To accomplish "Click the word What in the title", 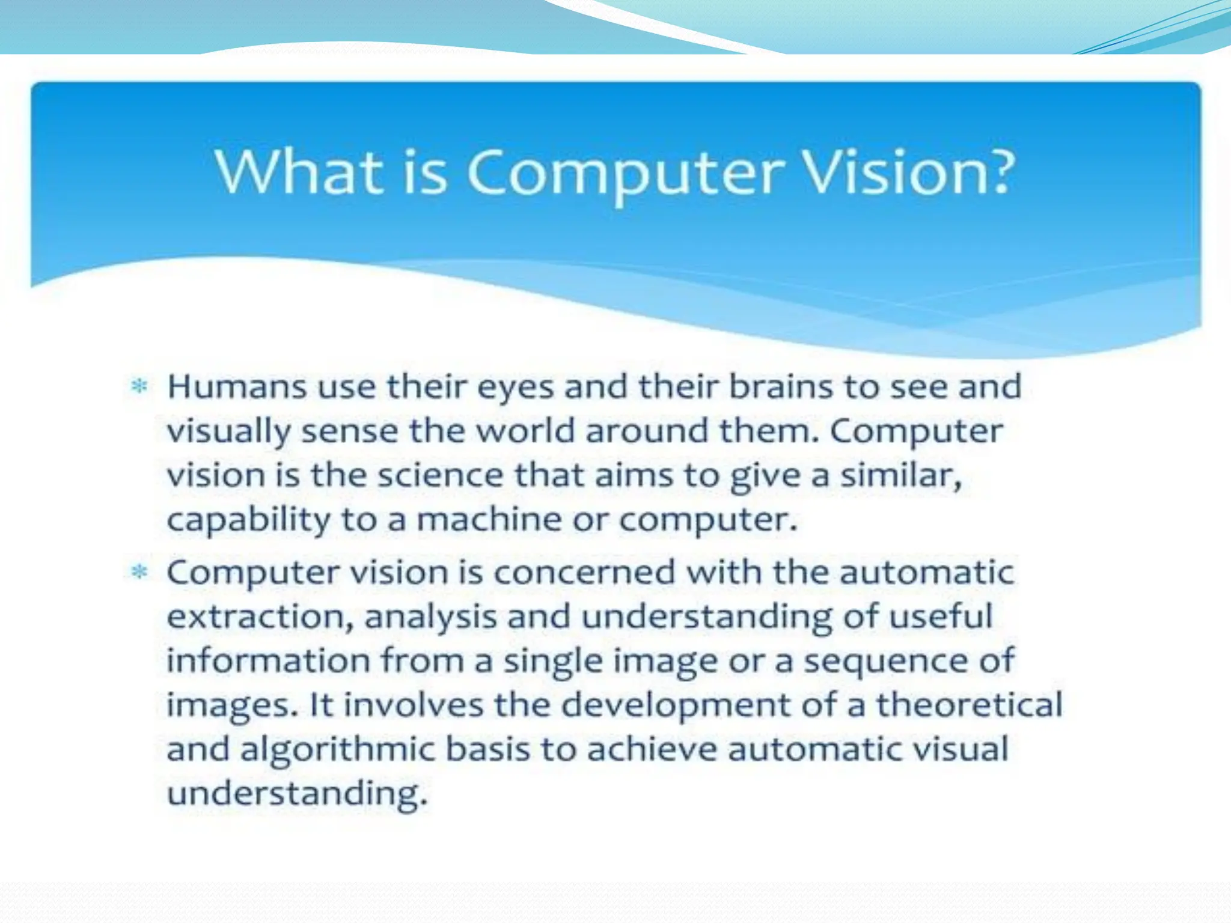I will (299, 172).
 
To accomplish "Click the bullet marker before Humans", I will (139, 386).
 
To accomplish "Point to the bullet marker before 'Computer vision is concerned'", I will (139, 571).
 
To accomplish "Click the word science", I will (441, 475).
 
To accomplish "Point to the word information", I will (268, 660).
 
